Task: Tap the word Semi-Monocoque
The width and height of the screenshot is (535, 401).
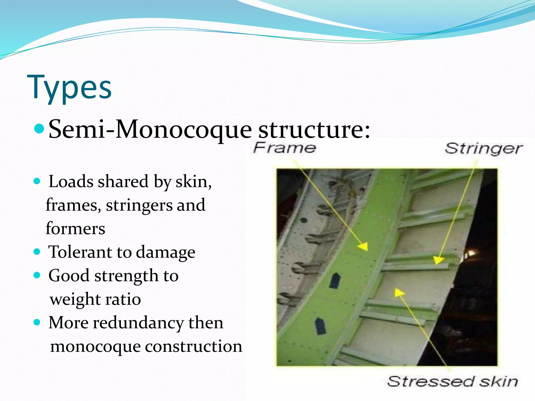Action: click(150, 129)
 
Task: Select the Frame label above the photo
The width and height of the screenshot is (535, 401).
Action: click(284, 148)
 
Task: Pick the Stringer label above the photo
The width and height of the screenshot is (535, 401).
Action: click(484, 149)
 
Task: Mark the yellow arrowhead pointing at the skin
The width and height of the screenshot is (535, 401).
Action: click(398, 292)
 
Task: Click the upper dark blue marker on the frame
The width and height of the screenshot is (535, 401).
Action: click(335, 281)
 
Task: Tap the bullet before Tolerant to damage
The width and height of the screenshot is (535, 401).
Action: click(37, 252)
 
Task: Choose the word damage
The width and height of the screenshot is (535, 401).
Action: click(165, 252)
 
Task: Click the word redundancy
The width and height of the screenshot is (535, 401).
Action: click(138, 323)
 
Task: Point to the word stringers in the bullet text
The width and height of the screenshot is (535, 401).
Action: click(139, 205)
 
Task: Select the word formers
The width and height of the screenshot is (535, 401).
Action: click(75, 228)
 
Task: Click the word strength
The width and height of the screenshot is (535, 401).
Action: click(126, 276)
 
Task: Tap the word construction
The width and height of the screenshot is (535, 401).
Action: click(194, 346)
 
